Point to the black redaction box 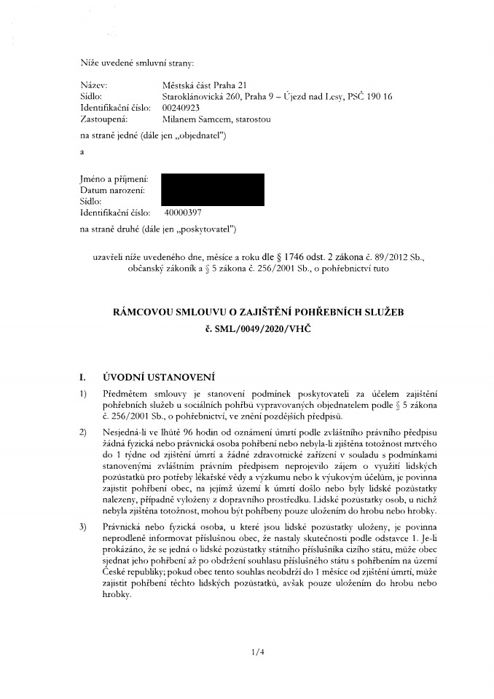pyautogui.click(x=212, y=189)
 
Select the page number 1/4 pyautogui.click(x=254, y=653)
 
